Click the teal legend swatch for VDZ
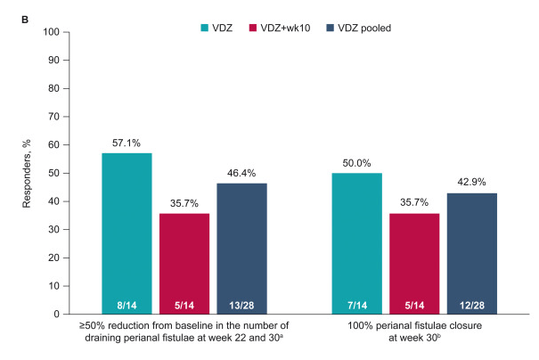pyautogui.click(x=193, y=29)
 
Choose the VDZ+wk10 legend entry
pyautogui.click(x=282, y=29)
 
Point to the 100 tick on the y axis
pyautogui.click(x=53, y=32)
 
